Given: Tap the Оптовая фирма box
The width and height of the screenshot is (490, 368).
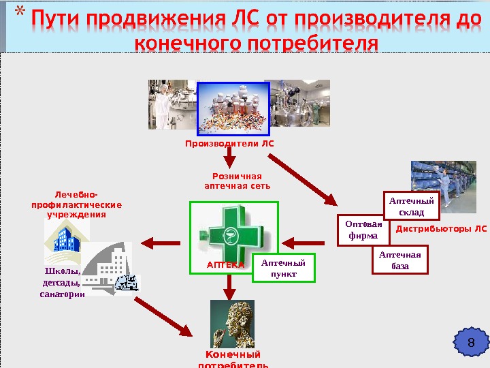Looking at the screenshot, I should tap(363, 230).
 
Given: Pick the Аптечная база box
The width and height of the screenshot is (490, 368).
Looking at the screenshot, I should tap(400, 260).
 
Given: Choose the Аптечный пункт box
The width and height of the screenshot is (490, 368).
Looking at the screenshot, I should tap(284, 267).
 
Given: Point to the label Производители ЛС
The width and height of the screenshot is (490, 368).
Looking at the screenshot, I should tap(229, 144).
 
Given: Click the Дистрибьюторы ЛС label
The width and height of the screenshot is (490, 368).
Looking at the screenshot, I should tap(441, 229).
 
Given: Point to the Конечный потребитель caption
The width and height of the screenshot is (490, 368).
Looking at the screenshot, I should tap(233, 360).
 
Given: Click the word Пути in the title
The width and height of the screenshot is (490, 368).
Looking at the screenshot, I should tap(57, 18).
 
